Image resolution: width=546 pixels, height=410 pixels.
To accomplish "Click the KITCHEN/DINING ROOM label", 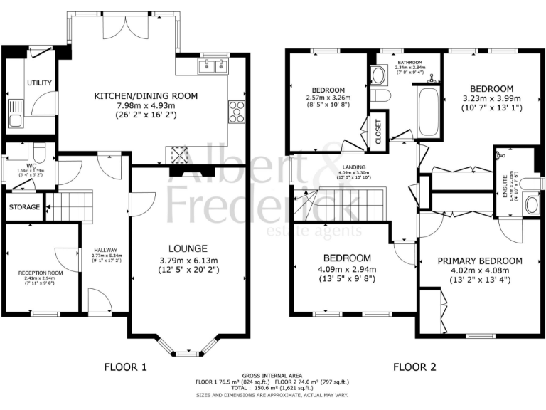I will (147, 95).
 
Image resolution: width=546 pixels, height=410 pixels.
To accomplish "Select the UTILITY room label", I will (40, 83).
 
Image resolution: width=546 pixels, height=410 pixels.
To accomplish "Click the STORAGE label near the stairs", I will (25, 207).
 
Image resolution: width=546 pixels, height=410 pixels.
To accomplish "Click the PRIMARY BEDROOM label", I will (480, 261).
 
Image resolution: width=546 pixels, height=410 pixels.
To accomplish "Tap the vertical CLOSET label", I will (378, 132).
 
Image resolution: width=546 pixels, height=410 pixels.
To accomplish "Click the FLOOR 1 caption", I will (125, 367).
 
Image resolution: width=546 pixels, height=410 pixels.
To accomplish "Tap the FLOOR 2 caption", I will (415, 367).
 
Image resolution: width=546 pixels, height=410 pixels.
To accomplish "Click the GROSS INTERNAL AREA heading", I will (272, 375).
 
